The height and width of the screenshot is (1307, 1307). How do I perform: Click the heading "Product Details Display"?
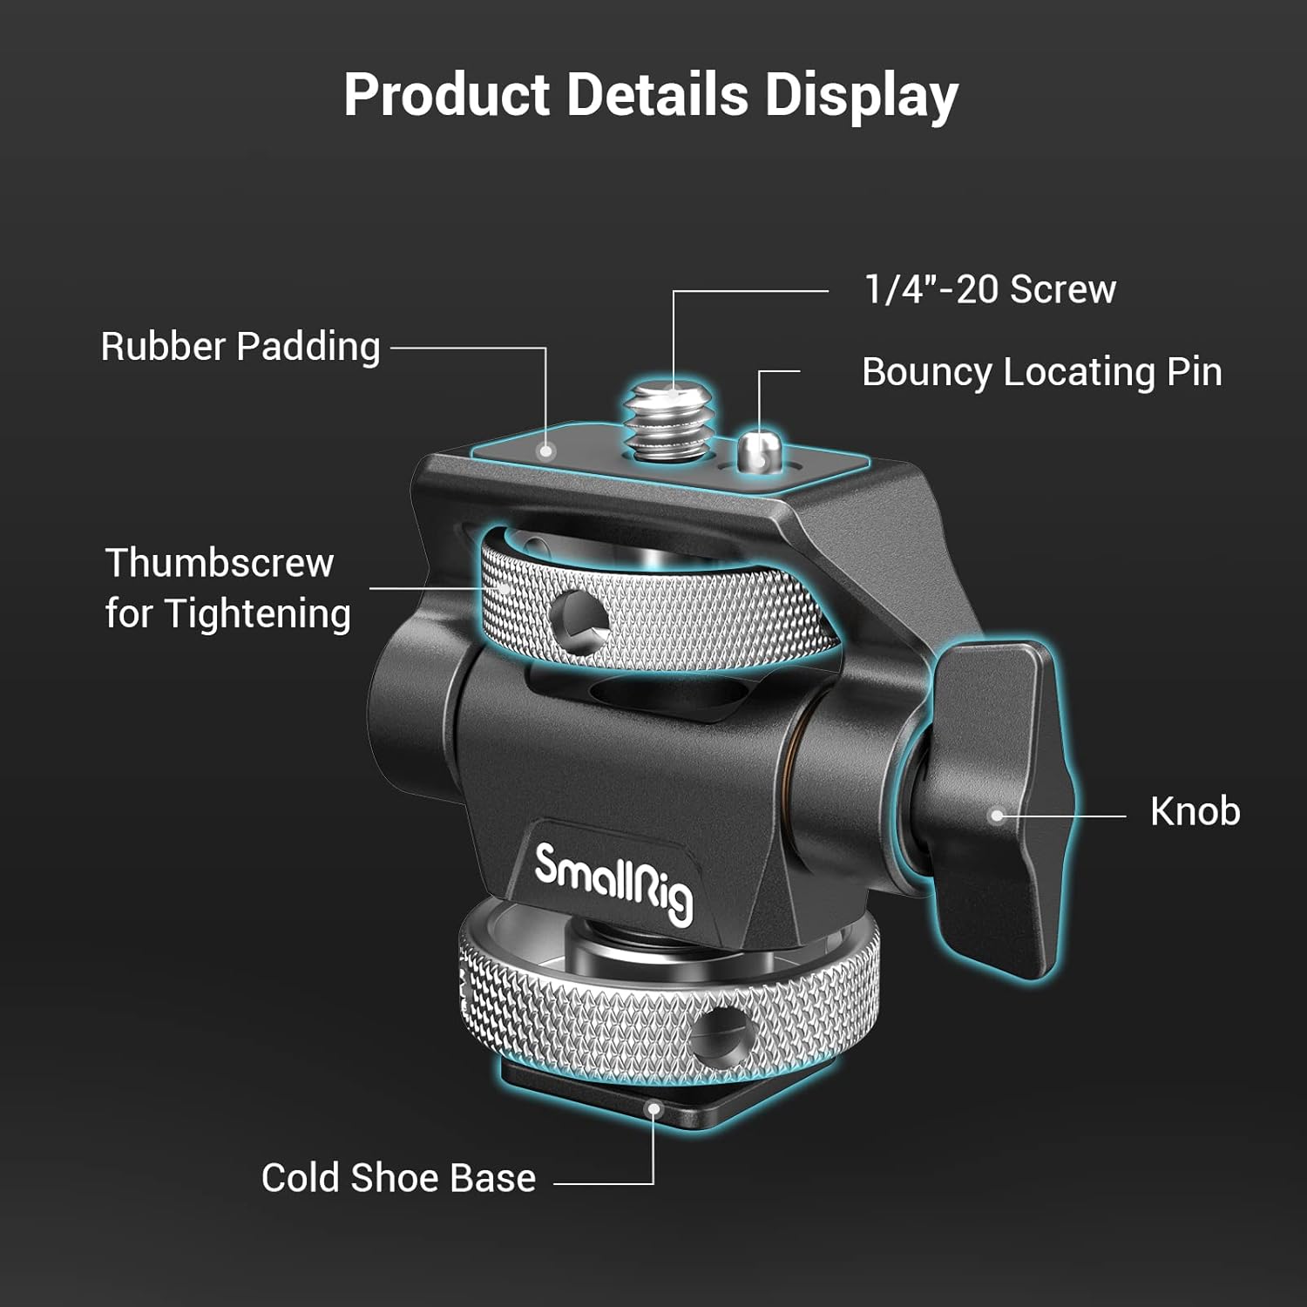coord(651,94)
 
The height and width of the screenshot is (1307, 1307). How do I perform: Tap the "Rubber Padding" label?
coord(240,347)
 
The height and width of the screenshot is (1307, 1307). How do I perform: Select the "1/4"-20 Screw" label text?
coord(989,289)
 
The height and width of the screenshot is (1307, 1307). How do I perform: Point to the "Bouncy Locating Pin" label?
coord(1041,372)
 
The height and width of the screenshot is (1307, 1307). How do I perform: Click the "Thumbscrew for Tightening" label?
coord(227,588)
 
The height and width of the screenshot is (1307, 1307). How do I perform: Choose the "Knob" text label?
coord(1195,811)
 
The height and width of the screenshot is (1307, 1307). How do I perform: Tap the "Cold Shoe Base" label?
coord(398,1178)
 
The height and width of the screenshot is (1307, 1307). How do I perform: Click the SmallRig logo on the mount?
coord(613,882)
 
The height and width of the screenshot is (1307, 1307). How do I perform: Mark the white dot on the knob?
coord(998,816)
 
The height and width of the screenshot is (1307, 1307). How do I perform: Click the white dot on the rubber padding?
coord(545,450)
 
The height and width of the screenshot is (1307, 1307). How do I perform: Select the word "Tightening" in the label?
coord(258,613)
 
